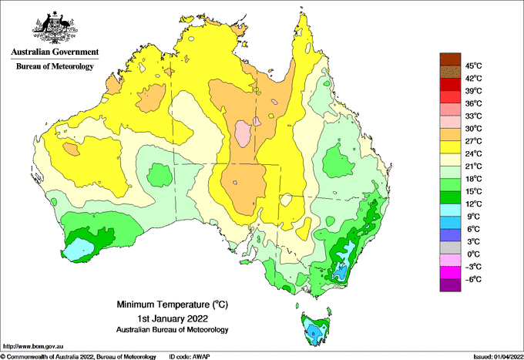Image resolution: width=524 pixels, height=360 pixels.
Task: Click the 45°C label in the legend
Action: [x=472, y=66]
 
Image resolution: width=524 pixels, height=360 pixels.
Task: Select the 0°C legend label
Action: [x=472, y=254]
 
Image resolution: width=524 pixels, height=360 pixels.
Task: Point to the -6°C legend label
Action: [x=472, y=279]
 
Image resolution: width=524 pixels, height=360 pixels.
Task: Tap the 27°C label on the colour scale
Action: [x=472, y=141]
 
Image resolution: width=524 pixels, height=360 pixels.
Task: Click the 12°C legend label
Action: [x=472, y=204]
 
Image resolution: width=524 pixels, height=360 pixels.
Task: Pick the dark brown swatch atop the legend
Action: [x=448, y=59]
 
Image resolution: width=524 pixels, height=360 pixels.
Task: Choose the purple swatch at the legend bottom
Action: [x=448, y=285]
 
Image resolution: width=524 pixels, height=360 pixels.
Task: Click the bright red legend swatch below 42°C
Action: [x=448, y=85]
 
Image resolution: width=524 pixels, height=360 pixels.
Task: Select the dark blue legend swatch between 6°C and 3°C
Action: [x=448, y=235]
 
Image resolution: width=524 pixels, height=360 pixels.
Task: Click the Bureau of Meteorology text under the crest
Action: [x=54, y=67]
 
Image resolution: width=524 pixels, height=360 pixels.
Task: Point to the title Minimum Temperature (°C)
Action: [x=161, y=304]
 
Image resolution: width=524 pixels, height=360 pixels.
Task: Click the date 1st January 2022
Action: [x=161, y=318]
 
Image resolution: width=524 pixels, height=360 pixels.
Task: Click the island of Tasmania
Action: [x=314, y=328]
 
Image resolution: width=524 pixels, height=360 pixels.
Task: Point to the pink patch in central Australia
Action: [x=244, y=133]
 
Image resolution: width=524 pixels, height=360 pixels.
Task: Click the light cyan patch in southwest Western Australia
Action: [x=78, y=249]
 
